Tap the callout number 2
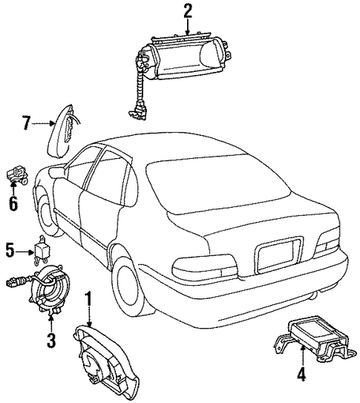188,11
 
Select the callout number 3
51,340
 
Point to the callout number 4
301,374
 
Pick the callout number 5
10,251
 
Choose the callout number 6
13,203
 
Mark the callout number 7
26,122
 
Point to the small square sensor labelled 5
42,250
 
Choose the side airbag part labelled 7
62,132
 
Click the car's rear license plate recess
278,255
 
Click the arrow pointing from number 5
24,252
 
